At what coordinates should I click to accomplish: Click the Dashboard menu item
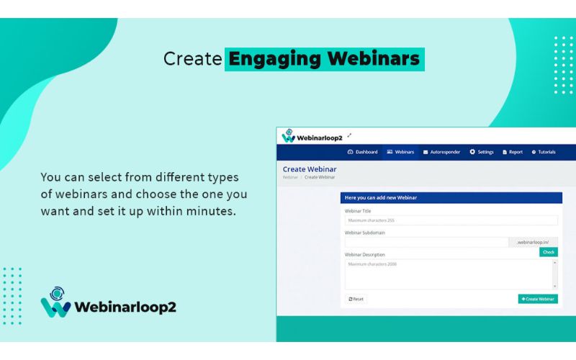pyautogui.click(x=362, y=152)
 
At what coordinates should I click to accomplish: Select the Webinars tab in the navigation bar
pyautogui.click(x=400, y=152)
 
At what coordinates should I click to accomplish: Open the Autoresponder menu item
pyautogui.click(x=441, y=152)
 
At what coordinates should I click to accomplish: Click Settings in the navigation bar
pyautogui.click(x=482, y=152)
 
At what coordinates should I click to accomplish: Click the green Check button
pyautogui.click(x=548, y=253)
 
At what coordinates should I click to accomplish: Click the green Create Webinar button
pyautogui.click(x=538, y=299)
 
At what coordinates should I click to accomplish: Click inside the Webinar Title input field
pyautogui.click(x=451, y=220)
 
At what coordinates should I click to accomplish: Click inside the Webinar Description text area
pyautogui.click(x=448, y=274)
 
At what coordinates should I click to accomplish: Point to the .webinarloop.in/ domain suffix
pyautogui.click(x=533, y=243)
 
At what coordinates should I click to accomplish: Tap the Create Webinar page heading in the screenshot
pyautogui.click(x=310, y=169)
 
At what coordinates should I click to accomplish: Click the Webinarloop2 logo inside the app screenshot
pyautogui.click(x=312, y=136)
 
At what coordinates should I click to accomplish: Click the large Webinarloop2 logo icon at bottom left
pyautogui.click(x=55, y=302)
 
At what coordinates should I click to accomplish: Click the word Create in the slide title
pyautogui.click(x=192, y=58)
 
